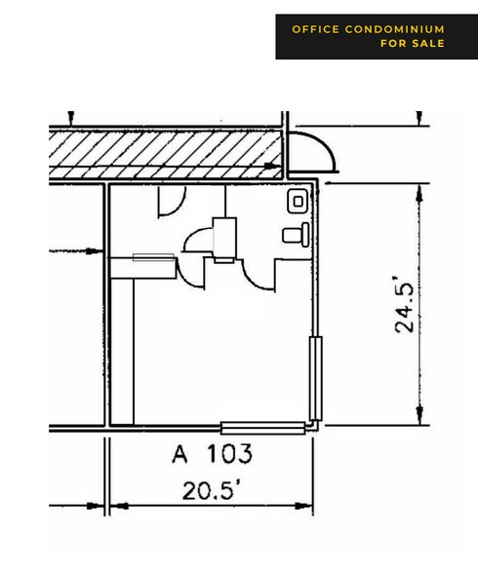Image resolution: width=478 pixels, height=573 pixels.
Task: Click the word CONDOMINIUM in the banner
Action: (x=395, y=29)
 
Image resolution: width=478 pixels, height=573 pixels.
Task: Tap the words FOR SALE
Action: (x=413, y=43)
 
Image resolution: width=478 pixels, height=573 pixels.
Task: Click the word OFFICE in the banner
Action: (x=316, y=29)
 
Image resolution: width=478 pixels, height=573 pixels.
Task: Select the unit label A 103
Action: (x=212, y=453)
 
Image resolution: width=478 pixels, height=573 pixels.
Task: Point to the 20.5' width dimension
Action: (x=212, y=490)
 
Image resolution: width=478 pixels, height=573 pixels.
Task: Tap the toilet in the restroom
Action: (x=296, y=235)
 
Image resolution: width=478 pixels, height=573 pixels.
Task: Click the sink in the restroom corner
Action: (x=298, y=201)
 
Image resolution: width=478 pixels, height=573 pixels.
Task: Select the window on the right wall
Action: (x=316, y=378)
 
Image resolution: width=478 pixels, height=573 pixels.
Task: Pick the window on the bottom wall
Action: (x=263, y=428)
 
